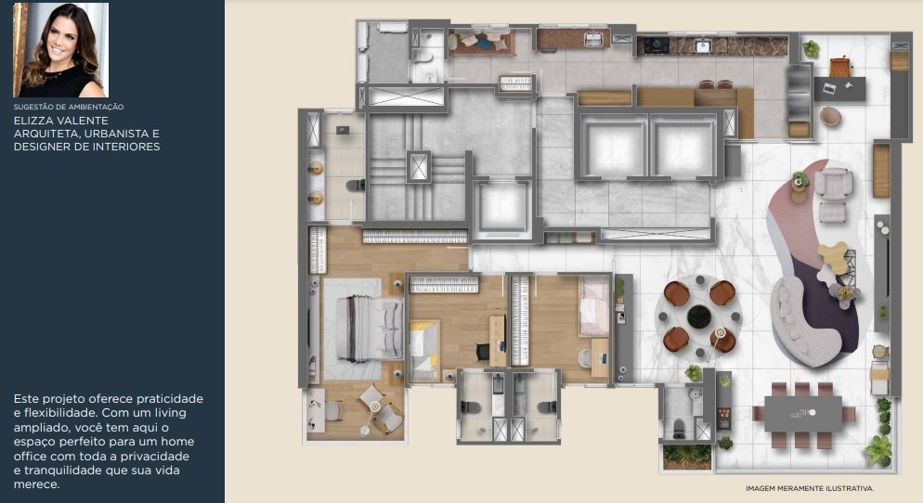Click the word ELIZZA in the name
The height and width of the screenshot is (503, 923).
(33, 121)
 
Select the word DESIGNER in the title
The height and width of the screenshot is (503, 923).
(39, 147)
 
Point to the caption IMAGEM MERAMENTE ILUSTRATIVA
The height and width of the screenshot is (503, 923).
(810, 488)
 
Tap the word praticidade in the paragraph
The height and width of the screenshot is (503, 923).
(170, 399)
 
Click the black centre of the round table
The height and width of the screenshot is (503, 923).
(698, 316)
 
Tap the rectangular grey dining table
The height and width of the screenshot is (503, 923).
(803, 414)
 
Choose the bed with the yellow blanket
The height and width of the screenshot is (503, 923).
(423, 350)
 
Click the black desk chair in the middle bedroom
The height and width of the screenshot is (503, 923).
(483, 352)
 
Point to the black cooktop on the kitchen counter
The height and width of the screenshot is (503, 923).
(656, 45)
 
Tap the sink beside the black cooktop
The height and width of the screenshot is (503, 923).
(702, 45)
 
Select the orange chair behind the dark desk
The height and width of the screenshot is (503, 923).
(841, 66)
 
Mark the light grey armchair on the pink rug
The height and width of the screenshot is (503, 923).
(832, 184)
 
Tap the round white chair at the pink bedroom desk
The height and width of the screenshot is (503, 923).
(584, 357)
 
